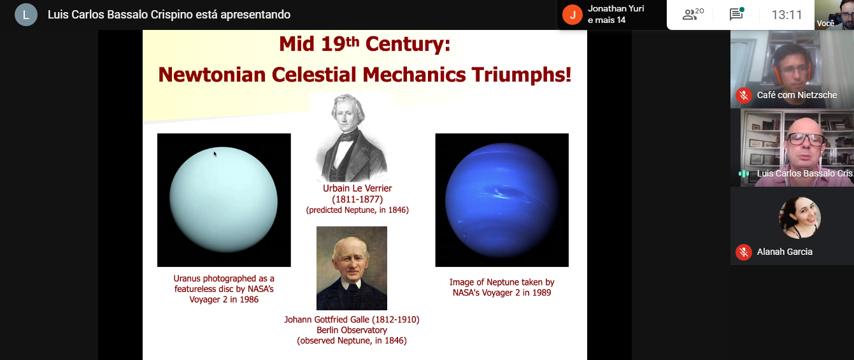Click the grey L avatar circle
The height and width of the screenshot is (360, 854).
26,15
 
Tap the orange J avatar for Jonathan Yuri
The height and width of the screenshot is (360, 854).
573,15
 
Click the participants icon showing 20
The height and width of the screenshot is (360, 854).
693,14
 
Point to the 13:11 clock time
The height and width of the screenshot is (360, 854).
787,15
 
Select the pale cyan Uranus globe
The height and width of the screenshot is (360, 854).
224,200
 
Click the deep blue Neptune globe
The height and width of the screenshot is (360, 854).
502,200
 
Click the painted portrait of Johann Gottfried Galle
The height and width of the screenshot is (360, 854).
352,268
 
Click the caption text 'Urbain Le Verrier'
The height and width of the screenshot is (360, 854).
357,189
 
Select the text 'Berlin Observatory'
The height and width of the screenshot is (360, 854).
352,330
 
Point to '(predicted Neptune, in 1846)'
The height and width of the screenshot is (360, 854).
357,210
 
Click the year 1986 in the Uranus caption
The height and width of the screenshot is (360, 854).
249,299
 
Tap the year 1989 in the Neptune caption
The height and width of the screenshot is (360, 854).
541,293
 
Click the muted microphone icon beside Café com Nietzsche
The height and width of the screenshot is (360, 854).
743,96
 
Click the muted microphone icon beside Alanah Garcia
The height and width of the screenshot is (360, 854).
743,252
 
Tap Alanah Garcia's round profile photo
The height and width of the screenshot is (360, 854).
799,218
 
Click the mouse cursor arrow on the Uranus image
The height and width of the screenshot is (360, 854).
215,154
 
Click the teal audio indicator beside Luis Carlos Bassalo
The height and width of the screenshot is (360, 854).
744,174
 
